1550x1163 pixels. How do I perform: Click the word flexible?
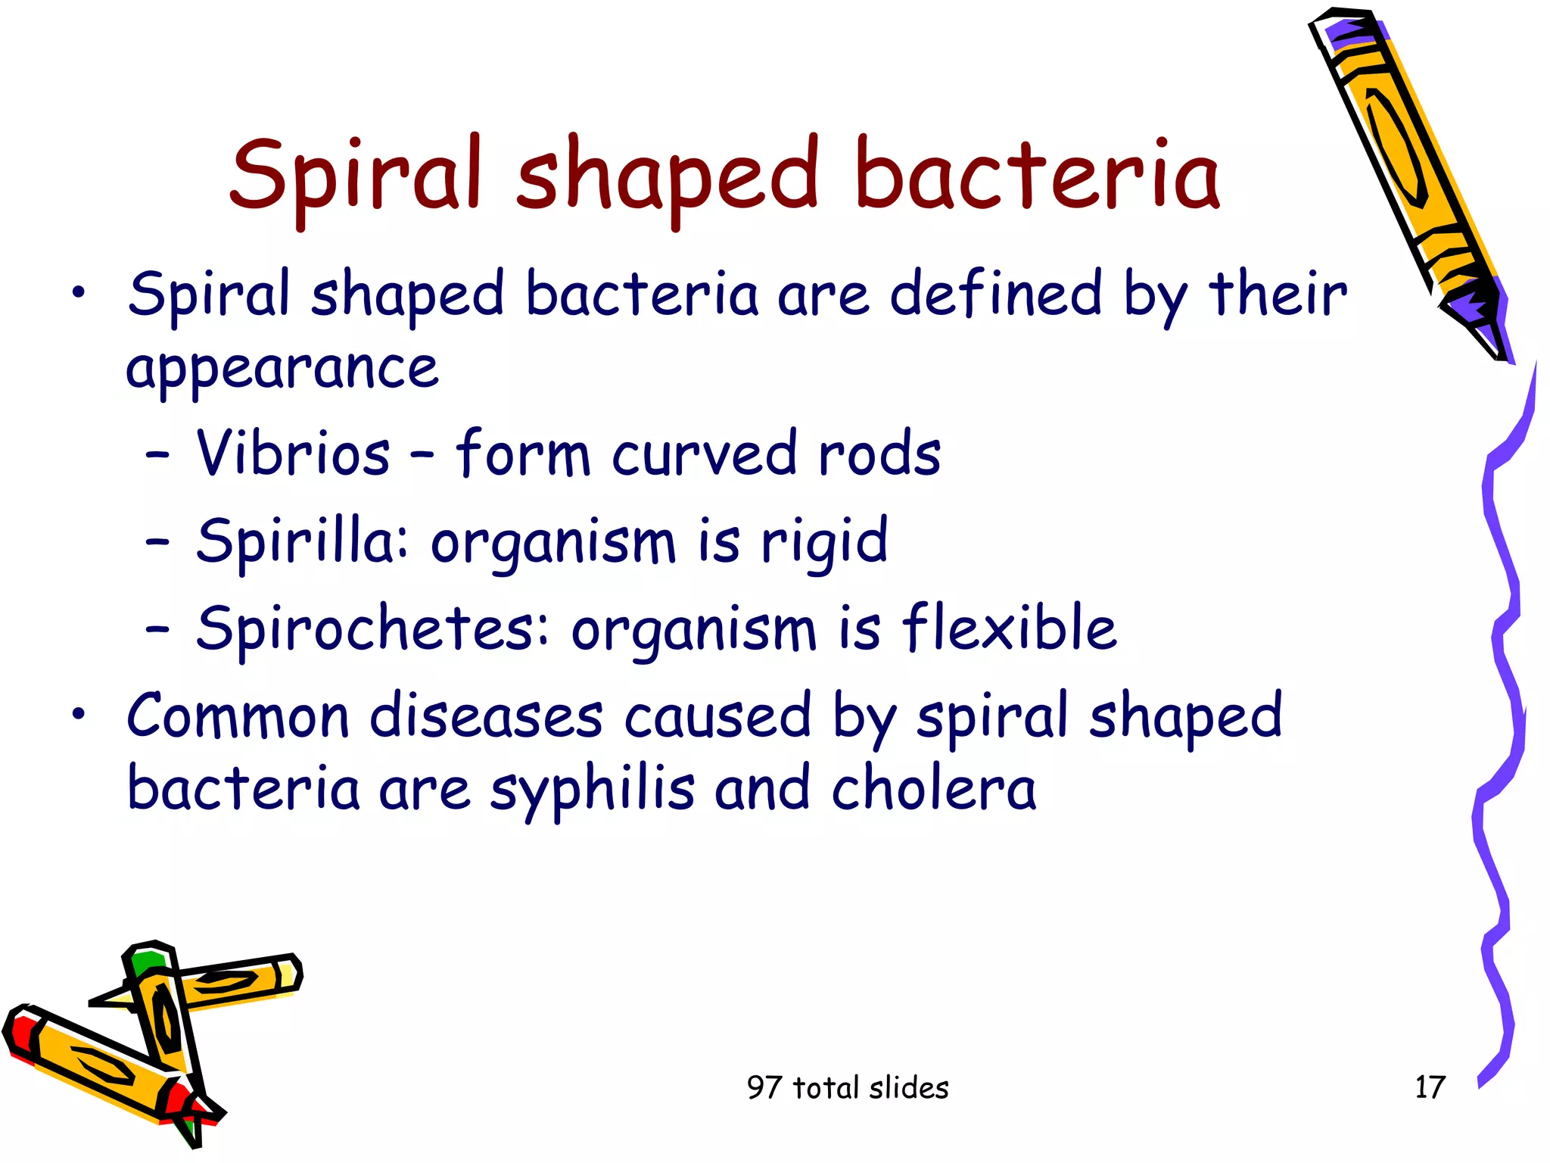(x=1009, y=628)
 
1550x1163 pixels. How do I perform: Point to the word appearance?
(x=282, y=369)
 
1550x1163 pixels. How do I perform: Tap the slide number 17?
(x=1430, y=1087)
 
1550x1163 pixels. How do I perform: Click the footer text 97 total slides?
(x=847, y=1087)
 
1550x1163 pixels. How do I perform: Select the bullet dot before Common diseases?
(x=79, y=714)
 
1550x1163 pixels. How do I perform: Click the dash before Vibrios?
(x=157, y=456)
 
